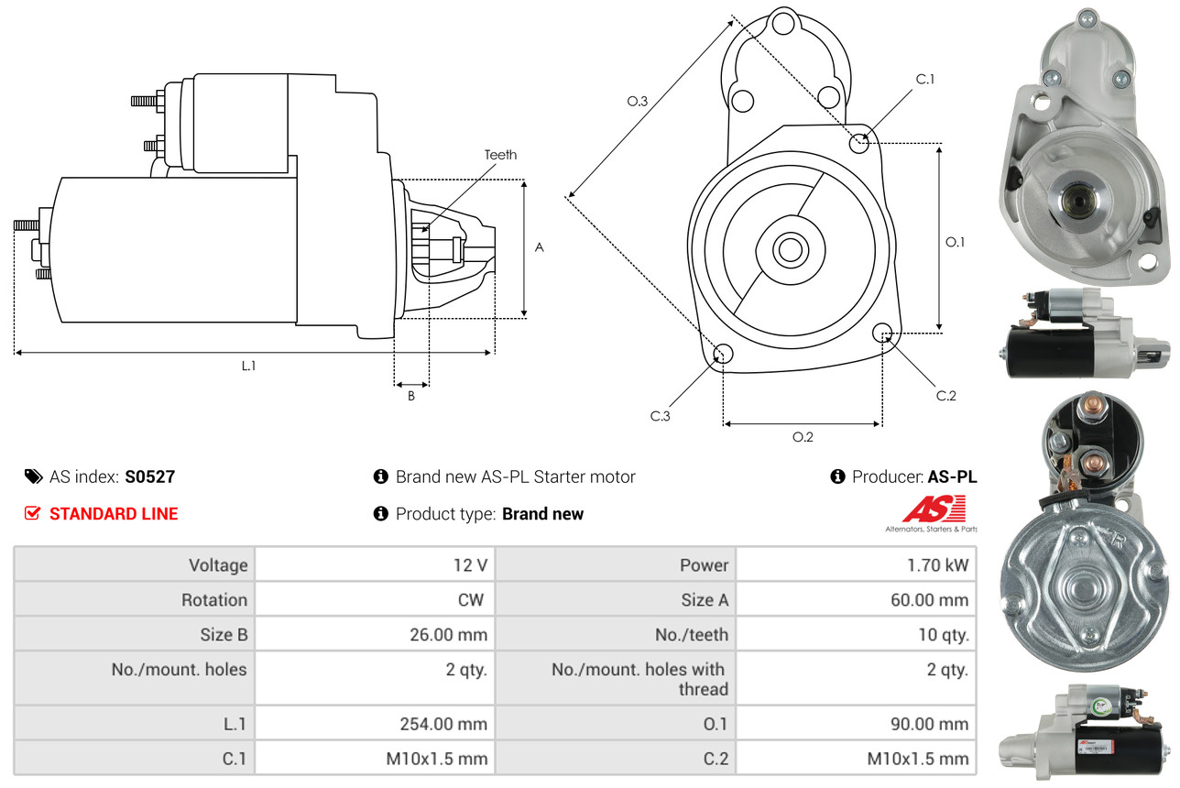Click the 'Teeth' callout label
click(500, 155)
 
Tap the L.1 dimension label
click(248, 366)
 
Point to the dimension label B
click(411, 396)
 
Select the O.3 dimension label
click(638, 102)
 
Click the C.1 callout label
click(925, 79)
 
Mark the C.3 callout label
click(661, 416)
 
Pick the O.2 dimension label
click(803, 437)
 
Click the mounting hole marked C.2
click(883, 333)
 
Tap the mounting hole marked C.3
click(723, 355)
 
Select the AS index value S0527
click(149, 476)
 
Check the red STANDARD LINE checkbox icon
click(32, 513)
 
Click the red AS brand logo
click(934, 509)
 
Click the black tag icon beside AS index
click(33, 476)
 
